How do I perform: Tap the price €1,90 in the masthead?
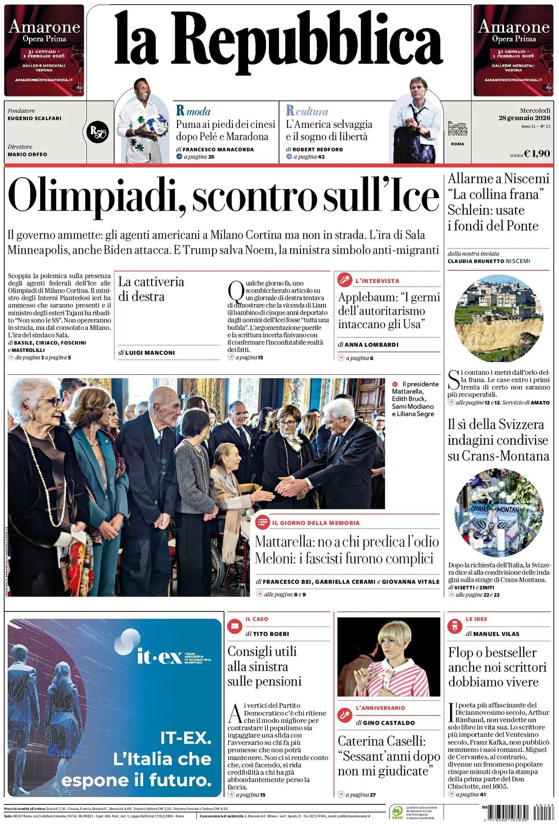tap(537, 153)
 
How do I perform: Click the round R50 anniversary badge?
tap(98, 132)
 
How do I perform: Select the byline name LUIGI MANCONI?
tap(150, 353)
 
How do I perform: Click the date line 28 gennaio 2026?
tap(524, 118)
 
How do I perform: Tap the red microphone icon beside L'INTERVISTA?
tap(344, 280)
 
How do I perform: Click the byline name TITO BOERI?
tap(271, 634)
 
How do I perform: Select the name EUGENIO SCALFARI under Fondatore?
tap(34, 118)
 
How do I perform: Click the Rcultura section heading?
tap(307, 111)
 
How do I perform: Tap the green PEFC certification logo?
tap(397, 812)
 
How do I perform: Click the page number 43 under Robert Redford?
tap(321, 157)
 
